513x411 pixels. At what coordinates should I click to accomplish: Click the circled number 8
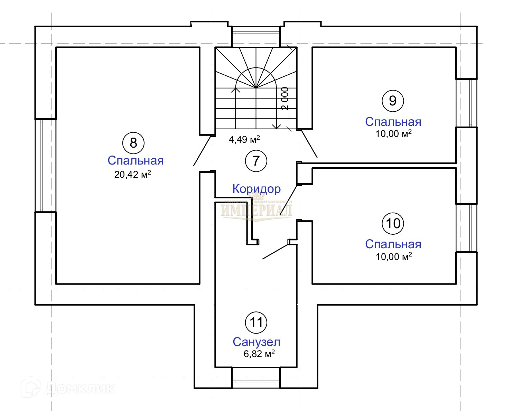tap(133, 142)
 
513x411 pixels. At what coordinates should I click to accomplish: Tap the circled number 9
tap(393, 101)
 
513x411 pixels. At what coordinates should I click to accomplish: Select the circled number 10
tap(393, 223)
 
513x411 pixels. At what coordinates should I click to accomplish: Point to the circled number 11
tap(256, 322)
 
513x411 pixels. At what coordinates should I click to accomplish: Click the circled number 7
tap(256, 161)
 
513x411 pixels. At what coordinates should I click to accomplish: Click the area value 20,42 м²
tap(133, 174)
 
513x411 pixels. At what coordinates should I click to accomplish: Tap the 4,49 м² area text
tap(244, 139)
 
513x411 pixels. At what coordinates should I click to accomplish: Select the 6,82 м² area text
tap(259, 354)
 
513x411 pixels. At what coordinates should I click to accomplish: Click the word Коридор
tap(256, 189)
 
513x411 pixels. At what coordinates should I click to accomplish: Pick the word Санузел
tap(256, 342)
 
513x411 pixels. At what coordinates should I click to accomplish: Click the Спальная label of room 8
tap(136, 160)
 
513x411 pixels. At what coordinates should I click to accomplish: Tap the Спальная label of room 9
tap(393, 122)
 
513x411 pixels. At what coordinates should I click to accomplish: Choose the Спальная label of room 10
tap(393, 244)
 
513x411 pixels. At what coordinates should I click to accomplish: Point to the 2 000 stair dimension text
tap(285, 99)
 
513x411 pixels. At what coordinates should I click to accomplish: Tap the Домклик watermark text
tap(80, 389)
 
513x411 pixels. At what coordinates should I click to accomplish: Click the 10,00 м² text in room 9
tap(393, 133)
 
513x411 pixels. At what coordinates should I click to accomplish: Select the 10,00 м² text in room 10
tap(393, 256)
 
